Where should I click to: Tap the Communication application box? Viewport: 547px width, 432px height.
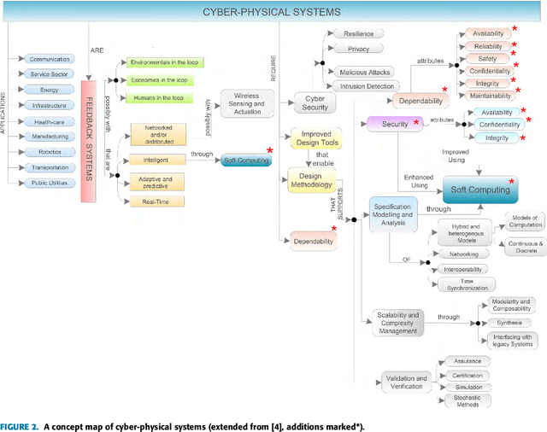coord(50,59)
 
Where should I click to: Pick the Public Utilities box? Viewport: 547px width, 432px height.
coord(50,183)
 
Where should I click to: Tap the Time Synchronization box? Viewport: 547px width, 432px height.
coord(467,284)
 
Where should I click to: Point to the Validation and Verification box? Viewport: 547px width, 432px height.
coord(409,382)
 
